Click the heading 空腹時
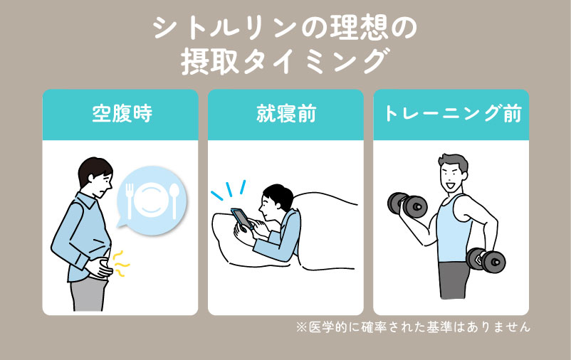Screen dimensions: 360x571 pyautogui.click(x=120, y=114)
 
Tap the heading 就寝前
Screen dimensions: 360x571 pyautogui.click(x=285, y=114)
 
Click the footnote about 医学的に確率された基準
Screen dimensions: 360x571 pyautogui.click(x=414, y=328)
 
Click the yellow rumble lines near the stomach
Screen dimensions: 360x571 pyautogui.click(x=122, y=265)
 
